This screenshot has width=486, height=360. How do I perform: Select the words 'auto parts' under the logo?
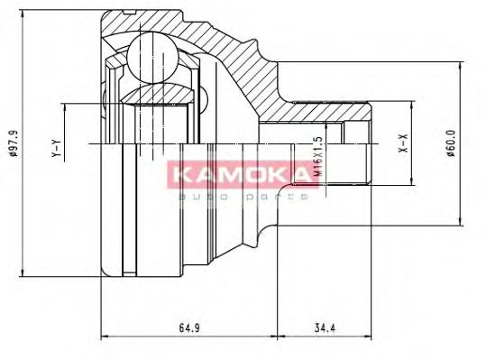[238, 195]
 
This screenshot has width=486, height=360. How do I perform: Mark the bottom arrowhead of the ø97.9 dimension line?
[20, 273]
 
